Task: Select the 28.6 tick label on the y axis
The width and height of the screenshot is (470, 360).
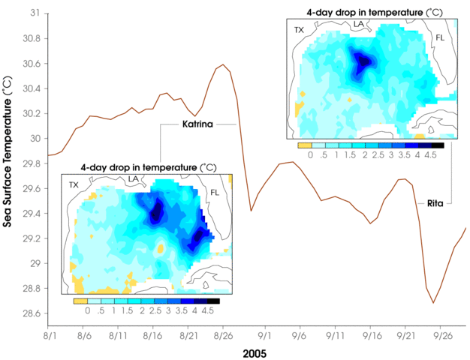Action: (32, 313)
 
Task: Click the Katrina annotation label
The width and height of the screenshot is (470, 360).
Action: (197, 124)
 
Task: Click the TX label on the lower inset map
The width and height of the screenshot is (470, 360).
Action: (74, 184)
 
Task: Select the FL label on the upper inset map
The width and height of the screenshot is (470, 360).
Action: (440, 37)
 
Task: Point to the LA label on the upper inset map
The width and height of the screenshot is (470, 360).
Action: (360, 25)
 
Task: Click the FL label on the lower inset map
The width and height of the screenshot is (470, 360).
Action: (215, 192)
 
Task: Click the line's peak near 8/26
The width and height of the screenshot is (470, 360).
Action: (223, 65)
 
